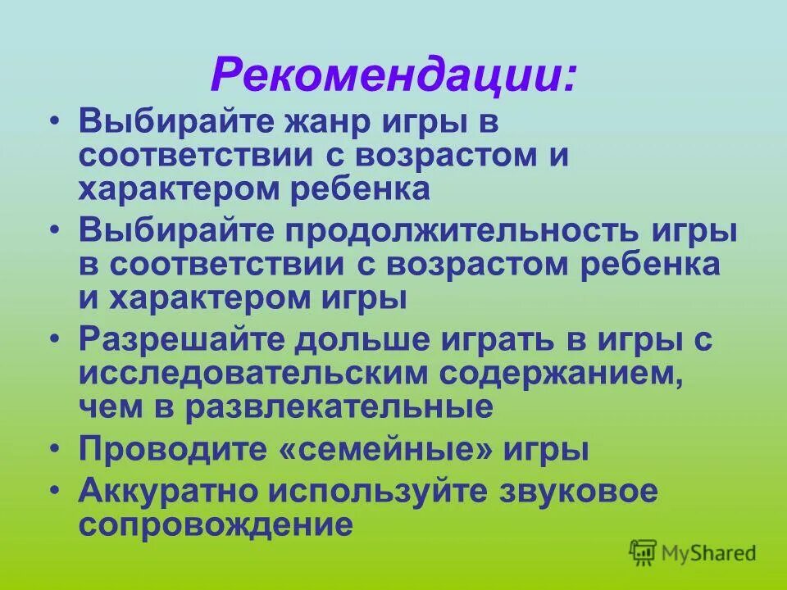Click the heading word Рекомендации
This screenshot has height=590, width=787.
[x=393, y=76]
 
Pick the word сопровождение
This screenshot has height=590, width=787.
[x=216, y=524]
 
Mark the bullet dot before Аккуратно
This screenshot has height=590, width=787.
[x=54, y=490]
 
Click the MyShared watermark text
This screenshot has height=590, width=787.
[x=710, y=552]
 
